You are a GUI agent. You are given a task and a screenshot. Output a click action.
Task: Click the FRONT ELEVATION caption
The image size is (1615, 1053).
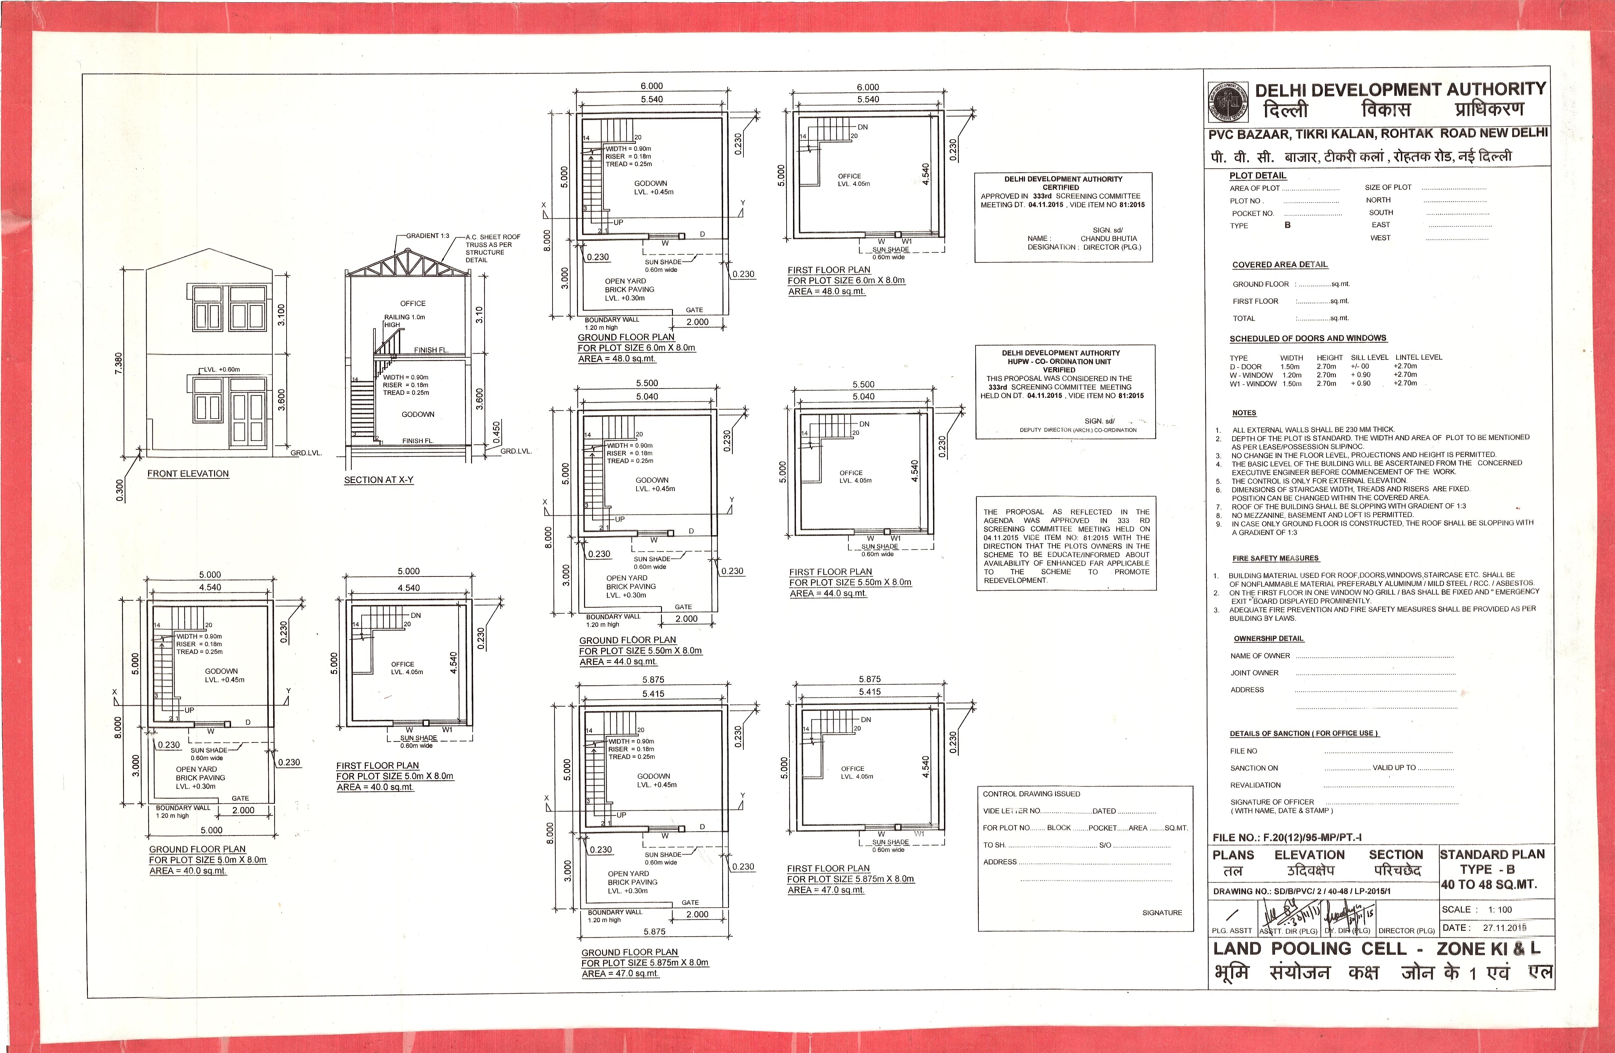(188, 474)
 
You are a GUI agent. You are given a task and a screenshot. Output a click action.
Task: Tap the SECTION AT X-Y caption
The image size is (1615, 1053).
(379, 480)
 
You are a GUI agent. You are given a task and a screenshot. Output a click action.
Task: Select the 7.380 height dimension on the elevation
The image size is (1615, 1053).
(119, 363)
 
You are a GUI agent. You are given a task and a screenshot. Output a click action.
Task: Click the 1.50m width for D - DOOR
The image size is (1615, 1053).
(1290, 367)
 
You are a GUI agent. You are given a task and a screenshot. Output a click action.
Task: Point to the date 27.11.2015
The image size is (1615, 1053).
(1504, 927)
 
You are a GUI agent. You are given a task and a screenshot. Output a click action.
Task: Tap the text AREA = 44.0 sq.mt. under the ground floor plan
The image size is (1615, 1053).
(618, 662)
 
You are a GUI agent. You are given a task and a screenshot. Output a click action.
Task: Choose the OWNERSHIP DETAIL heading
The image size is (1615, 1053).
(1268, 639)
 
